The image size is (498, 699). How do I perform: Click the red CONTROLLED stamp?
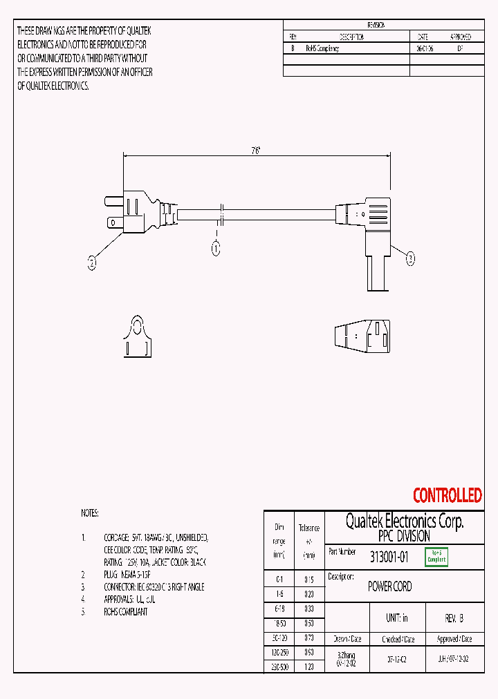click(447, 495)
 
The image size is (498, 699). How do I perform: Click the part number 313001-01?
click(388, 557)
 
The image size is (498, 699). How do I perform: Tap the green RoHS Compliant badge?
click(436, 557)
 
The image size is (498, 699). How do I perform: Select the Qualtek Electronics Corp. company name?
click(405, 521)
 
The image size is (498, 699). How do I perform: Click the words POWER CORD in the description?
click(389, 586)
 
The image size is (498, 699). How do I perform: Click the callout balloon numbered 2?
click(91, 262)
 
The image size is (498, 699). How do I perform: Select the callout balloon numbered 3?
click(410, 259)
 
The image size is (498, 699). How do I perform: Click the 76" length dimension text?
click(255, 151)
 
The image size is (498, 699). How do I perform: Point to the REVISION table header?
click(376, 25)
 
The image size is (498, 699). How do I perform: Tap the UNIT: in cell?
click(396, 618)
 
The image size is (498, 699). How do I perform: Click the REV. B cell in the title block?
click(454, 618)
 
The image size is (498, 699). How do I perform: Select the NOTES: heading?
click(90, 513)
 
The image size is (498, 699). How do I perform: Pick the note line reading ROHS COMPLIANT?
click(125, 611)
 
